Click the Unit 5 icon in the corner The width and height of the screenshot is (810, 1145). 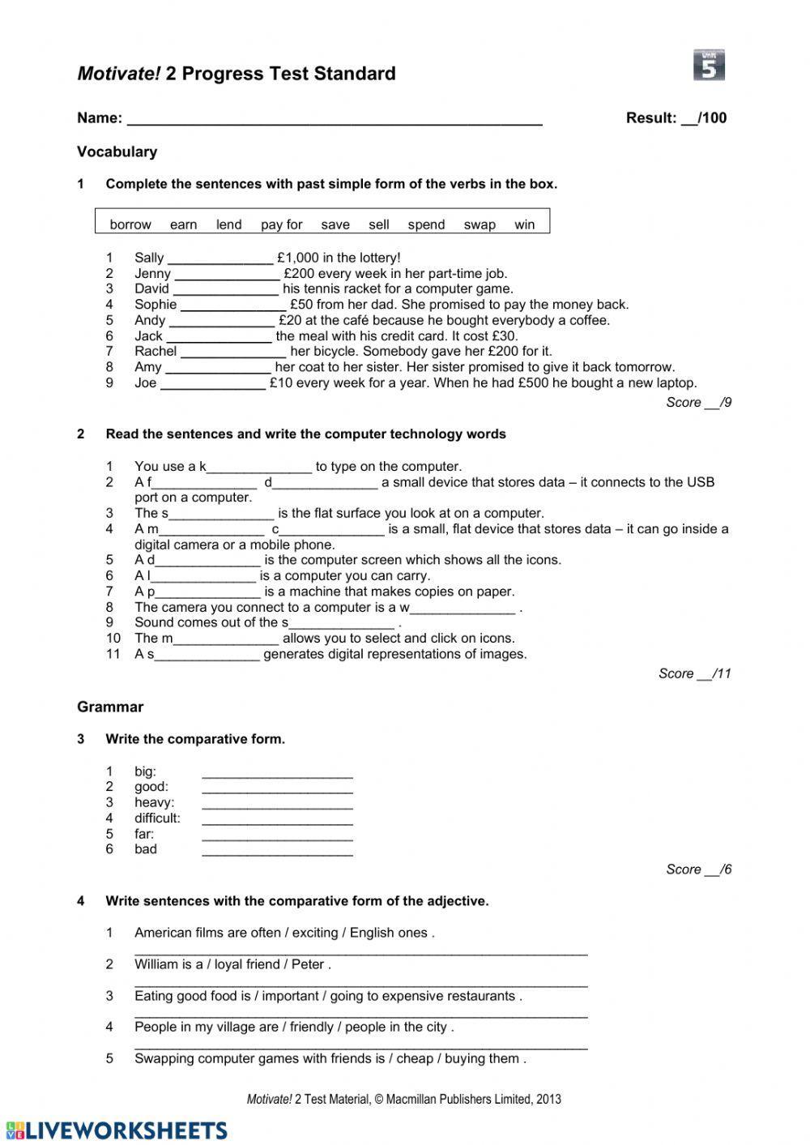[709, 66]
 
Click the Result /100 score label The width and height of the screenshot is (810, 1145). [676, 118]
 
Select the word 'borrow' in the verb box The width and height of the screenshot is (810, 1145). [130, 224]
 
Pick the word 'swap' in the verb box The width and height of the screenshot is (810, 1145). [480, 224]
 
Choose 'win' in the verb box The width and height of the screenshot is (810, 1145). [525, 224]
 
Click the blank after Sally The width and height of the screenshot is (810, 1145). [220, 259]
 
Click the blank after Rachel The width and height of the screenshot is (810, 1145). [233, 352]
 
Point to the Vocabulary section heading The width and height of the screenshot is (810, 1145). [117, 152]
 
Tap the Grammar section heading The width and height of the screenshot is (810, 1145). [110, 707]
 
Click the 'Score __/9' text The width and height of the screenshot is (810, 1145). [698, 403]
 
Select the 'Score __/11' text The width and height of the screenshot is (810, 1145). [694, 673]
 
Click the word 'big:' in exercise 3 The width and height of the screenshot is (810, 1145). [145, 771]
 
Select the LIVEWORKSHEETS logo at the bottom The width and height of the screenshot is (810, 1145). [116, 1130]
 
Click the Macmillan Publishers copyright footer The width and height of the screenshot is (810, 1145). [403, 1100]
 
